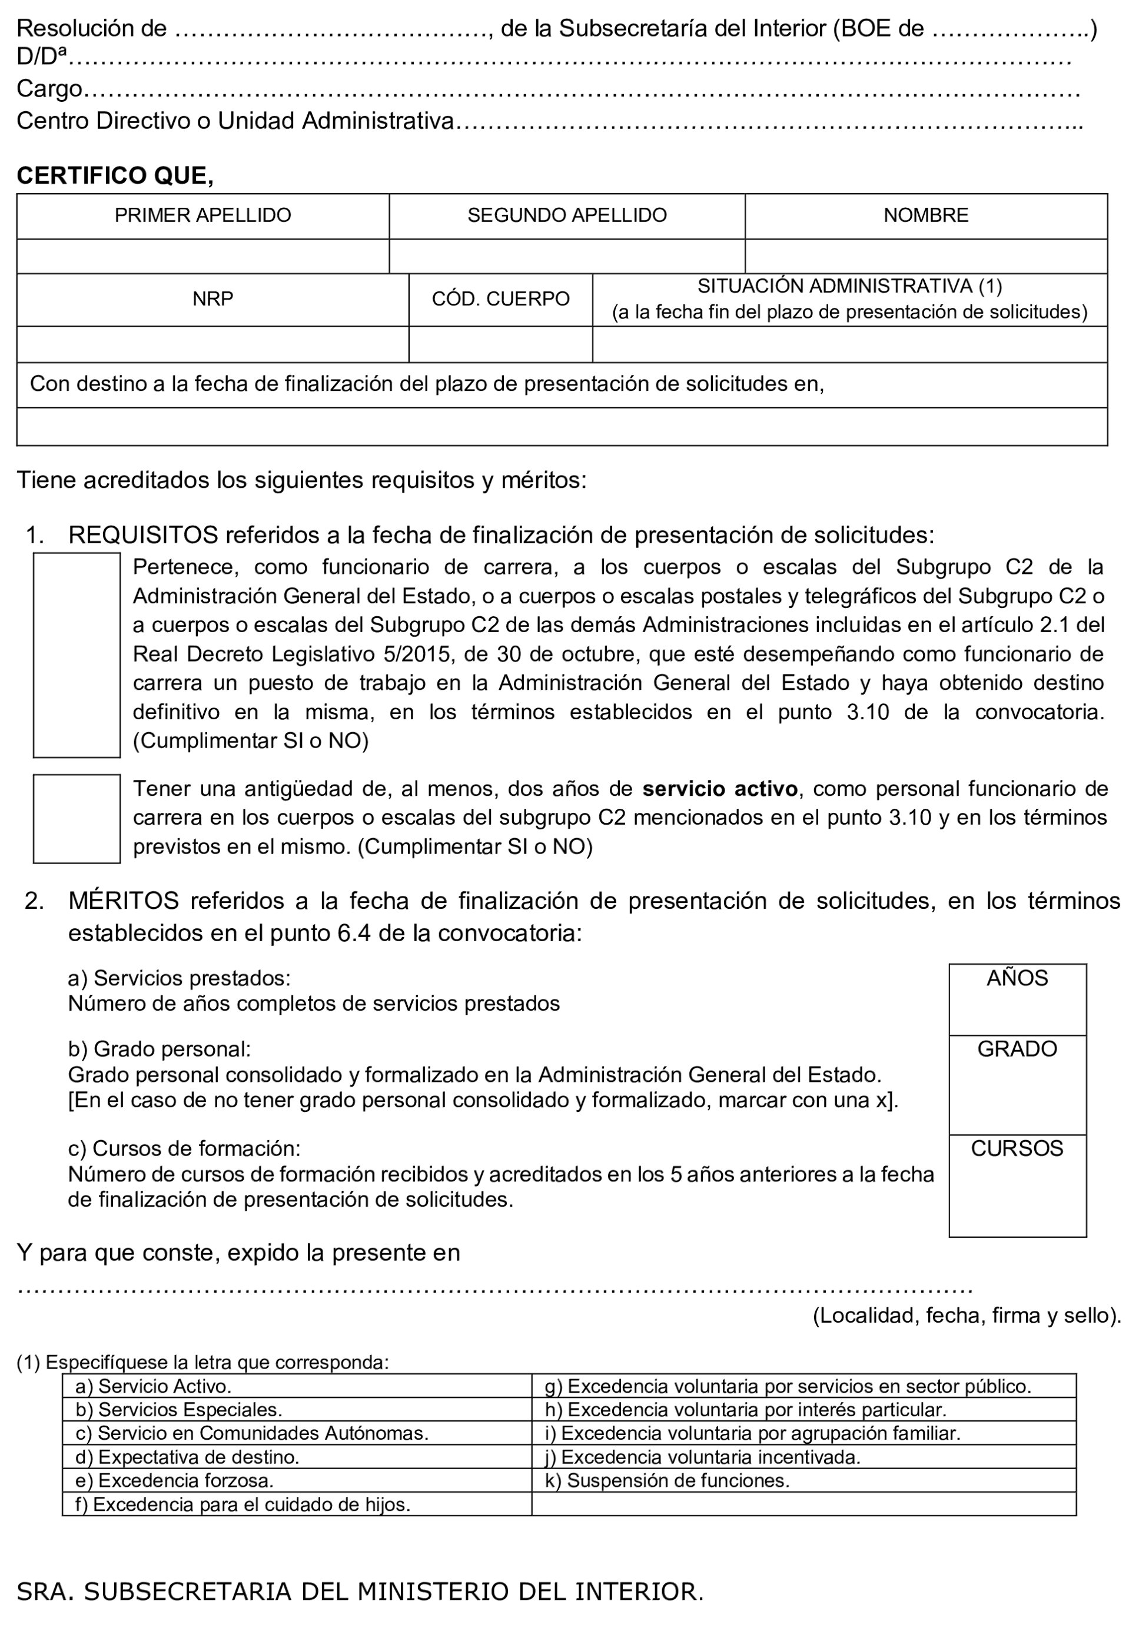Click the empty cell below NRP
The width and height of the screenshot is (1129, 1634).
(212, 344)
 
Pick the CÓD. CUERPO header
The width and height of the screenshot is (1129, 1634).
(500, 299)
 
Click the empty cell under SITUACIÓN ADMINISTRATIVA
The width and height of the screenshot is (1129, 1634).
(849, 344)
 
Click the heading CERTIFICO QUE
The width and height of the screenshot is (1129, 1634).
(115, 175)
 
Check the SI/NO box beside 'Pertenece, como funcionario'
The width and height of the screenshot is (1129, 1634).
(77, 655)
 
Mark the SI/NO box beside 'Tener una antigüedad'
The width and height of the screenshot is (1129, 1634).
(77, 818)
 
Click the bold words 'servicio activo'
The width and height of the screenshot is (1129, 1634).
(720, 789)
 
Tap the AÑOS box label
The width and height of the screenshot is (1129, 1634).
(1017, 978)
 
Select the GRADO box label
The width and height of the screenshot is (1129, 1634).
(1017, 1049)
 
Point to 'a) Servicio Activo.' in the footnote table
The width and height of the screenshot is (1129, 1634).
(154, 1386)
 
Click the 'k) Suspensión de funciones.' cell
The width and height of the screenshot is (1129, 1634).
(666, 1480)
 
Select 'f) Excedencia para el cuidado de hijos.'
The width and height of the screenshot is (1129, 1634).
(243, 1505)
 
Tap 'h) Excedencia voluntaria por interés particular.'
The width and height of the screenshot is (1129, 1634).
(745, 1410)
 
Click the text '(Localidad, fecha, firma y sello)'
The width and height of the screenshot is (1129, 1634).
(967, 1316)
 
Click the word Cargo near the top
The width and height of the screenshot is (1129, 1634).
(49, 89)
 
